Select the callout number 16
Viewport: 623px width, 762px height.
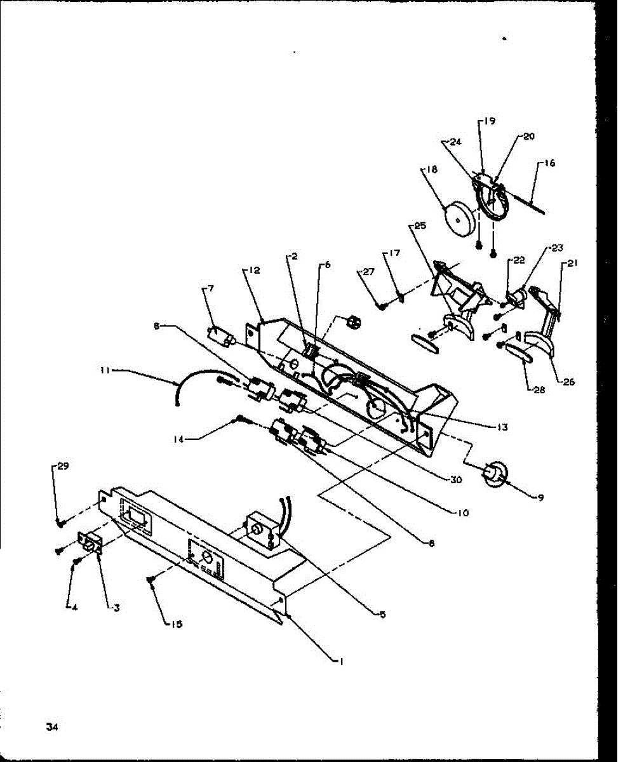549,163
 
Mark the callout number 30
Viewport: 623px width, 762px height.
456,480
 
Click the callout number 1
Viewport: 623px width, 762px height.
341,661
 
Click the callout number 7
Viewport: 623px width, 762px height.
210,289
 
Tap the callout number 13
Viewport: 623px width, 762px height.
502,427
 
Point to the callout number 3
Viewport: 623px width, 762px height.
116,607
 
